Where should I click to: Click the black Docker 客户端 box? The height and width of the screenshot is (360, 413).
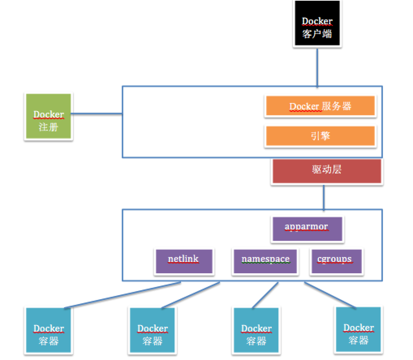tap(317, 24)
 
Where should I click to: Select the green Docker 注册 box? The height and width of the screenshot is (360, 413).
tap(48, 117)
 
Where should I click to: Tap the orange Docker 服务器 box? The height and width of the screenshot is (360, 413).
tap(320, 107)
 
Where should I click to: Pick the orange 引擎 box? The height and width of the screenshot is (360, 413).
tap(320, 136)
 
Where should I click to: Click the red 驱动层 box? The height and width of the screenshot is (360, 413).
tap(327, 171)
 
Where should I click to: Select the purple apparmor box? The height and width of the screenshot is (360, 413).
tap(307, 229)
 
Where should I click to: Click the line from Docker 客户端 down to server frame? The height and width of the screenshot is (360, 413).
tap(317, 67)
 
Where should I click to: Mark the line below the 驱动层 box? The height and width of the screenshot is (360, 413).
tap(323, 197)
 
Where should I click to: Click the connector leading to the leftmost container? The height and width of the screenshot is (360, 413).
tap(122, 295)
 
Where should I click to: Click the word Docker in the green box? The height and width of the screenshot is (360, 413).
tap(48, 114)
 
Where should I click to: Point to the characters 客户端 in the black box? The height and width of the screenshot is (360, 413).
tap(317, 34)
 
